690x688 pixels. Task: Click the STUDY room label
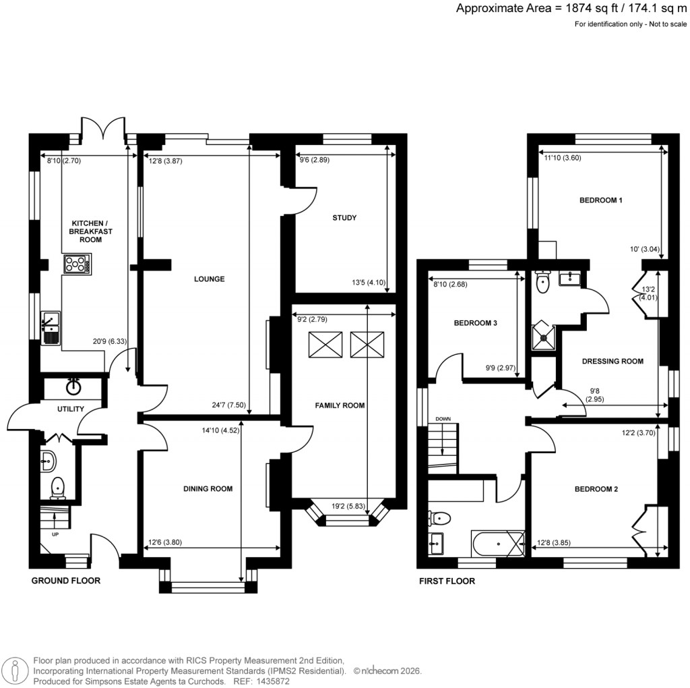pos(344,218)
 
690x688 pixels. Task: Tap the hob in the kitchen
pos(77,264)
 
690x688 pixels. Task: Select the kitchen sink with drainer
pos(51,327)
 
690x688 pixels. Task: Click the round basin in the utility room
pos(73,386)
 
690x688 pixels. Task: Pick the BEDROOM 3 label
pos(475,323)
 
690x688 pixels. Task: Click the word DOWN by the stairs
pos(442,419)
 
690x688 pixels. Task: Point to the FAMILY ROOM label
pos(340,405)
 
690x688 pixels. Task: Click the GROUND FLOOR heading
pos(65,580)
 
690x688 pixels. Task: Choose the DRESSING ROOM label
pos(613,361)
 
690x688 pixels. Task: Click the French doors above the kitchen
pos(104,130)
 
